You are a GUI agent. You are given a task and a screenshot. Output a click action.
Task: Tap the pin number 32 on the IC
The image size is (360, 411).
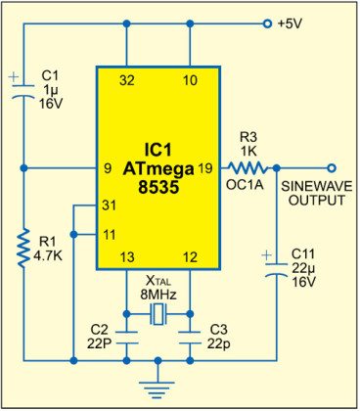(x=127, y=79)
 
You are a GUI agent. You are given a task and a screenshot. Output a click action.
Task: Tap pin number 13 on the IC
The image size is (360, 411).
(x=127, y=257)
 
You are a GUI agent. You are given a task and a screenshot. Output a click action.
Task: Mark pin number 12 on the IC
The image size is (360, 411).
(x=189, y=257)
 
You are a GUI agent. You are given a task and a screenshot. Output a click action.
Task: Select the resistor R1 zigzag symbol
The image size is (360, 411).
(x=22, y=251)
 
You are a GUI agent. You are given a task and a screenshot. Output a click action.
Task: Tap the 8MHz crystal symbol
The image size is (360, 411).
(x=157, y=314)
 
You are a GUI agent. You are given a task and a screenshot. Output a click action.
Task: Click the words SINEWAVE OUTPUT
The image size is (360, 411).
(x=313, y=192)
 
